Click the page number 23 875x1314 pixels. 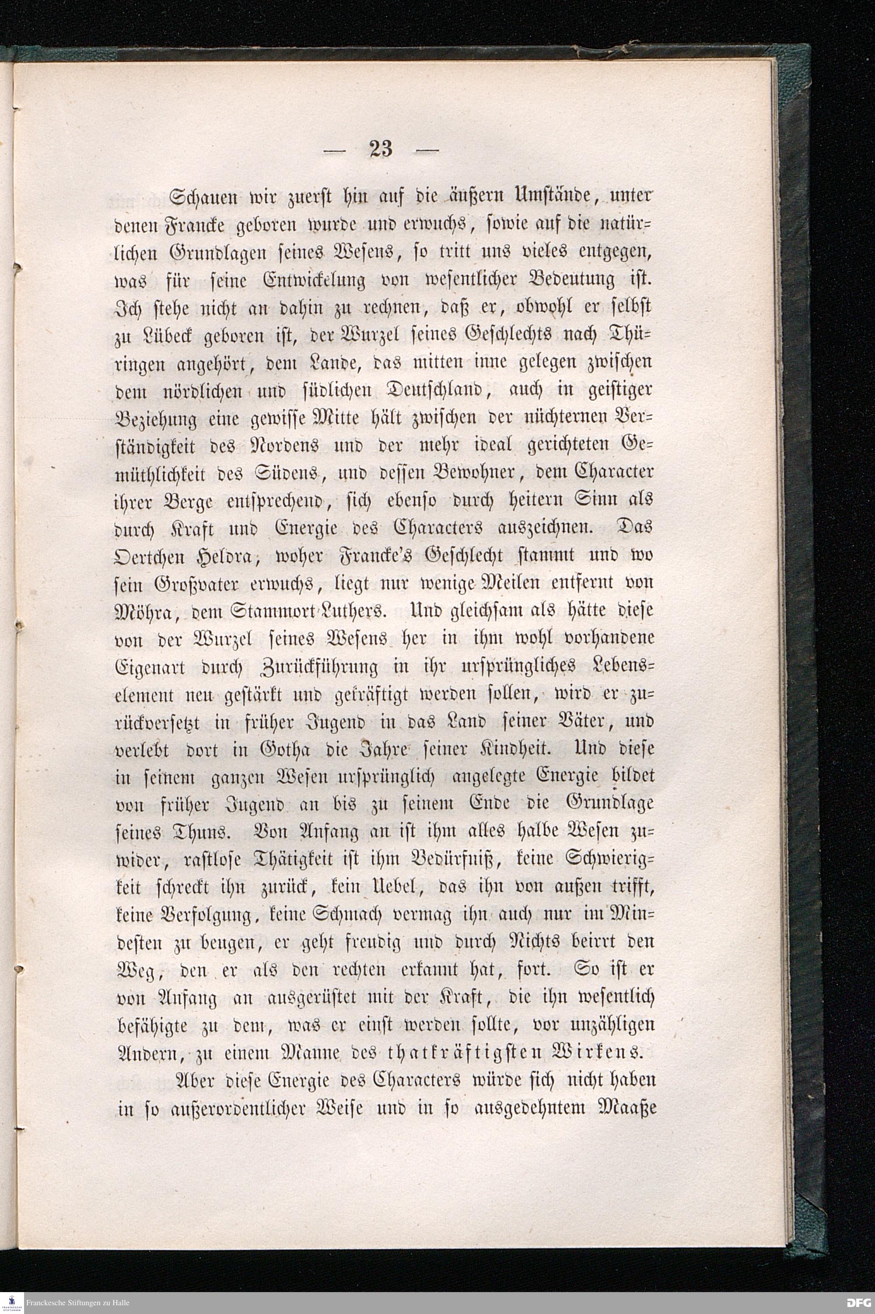point(381,149)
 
